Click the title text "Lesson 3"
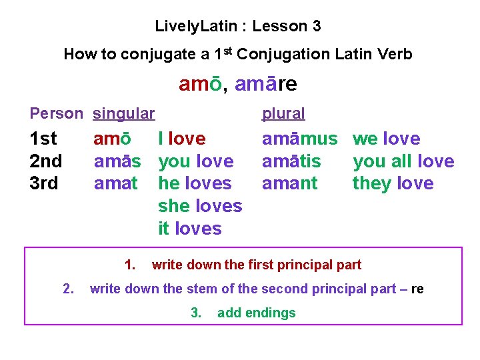[287, 27]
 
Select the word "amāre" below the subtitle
[266, 85]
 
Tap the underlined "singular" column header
[124, 113]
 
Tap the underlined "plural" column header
[283, 113]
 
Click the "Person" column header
[57, 113]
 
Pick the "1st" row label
[44, 139]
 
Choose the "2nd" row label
[46, 161]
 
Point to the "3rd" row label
[45, 183]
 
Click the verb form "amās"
[117, 161]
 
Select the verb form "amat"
[116, 183]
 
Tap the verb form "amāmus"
[300, 139]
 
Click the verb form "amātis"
[291, 161]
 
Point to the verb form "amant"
[290, 183]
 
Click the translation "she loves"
[200, 206]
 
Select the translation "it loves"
[189, 229]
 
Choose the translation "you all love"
[403, 161]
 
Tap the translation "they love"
[393, 183]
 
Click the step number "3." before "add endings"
[196, 313]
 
